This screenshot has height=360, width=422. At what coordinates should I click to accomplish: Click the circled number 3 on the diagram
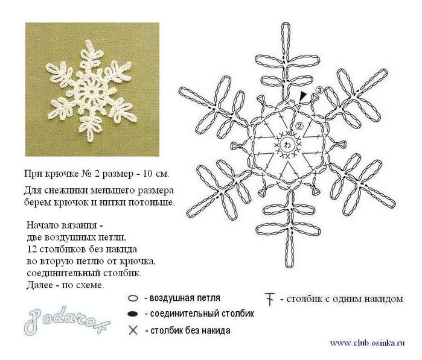[319, 90]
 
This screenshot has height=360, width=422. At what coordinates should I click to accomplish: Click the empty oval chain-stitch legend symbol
[133, 298]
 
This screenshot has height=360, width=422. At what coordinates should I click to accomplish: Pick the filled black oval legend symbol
[133, 314]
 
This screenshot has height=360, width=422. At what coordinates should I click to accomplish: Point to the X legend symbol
[133, 330]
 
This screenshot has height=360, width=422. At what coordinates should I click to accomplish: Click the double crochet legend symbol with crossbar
[270, 299]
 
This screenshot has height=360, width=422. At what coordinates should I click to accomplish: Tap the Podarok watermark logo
[66, 321]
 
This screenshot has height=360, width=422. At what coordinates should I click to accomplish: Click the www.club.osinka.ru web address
[367, 343]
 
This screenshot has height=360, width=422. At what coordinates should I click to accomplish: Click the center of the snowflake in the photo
[92, 92]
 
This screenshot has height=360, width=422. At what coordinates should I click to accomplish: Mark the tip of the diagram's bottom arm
[289, 266]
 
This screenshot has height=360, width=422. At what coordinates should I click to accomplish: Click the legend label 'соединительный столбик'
[202, 314]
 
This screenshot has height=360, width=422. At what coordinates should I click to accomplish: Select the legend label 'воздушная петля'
[185, 298]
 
